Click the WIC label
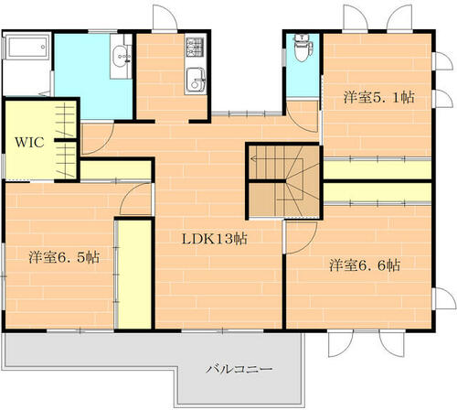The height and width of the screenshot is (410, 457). (29, 143)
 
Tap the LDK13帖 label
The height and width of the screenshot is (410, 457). (215, 239)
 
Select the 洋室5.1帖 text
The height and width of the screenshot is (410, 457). (379, 97)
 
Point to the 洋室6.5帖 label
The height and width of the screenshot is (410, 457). (64, 257)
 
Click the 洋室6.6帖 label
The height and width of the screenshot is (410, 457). (365, 265)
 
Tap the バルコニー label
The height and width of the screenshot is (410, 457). (239, 370)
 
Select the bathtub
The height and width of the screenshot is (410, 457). (27, 47)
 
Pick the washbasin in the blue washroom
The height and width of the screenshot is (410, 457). (122, 57)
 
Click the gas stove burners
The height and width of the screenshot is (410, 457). (195, 47)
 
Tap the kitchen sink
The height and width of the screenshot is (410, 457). (195, 80)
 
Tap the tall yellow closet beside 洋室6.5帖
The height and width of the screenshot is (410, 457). (134, 274)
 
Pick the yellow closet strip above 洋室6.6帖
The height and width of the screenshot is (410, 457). (377, 192)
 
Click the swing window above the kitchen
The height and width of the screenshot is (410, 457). (165, 17)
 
